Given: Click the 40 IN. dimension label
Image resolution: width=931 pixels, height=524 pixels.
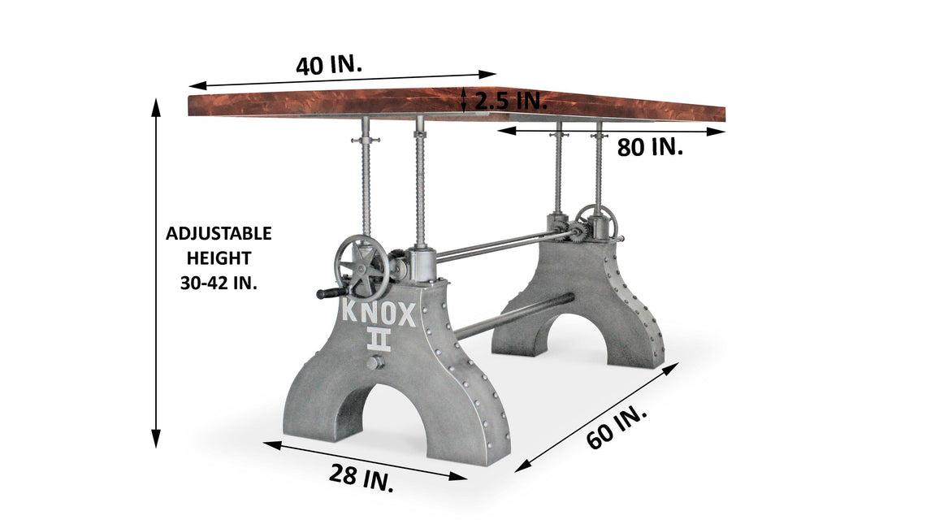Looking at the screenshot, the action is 329,65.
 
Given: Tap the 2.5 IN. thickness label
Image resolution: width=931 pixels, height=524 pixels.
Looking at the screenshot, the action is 511,101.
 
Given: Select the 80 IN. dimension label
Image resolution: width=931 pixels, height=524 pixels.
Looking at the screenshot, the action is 650,146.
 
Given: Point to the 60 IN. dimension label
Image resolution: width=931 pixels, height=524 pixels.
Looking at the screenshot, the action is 617,427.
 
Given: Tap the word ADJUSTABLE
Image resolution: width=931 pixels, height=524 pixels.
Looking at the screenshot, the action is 219,233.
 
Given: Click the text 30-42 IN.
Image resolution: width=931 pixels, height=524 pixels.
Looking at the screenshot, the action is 219,283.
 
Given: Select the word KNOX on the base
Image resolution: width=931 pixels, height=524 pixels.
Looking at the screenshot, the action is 379,314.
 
